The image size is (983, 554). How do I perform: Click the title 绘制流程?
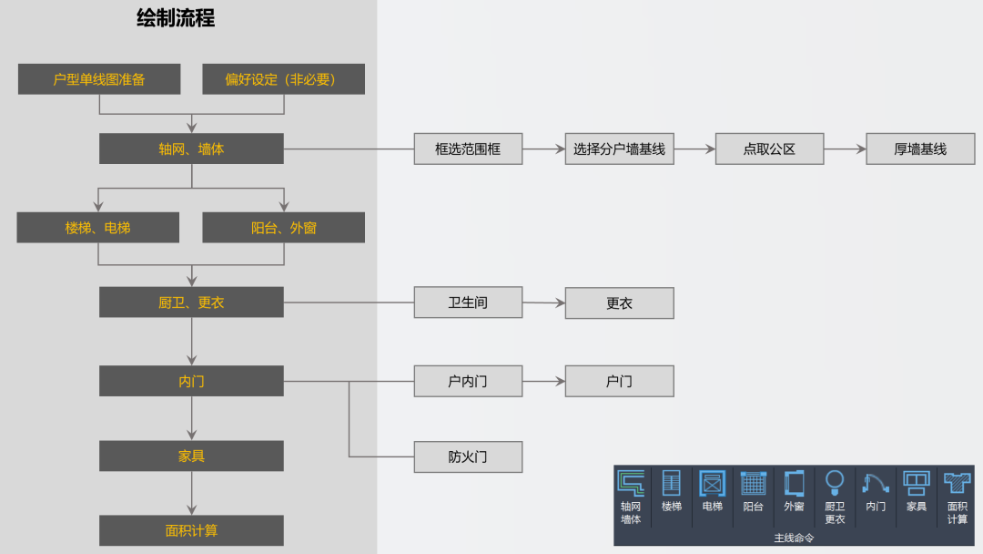[176, 18]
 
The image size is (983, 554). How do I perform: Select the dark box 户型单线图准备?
[99, 79]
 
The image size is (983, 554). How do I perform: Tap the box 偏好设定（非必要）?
[283, 79]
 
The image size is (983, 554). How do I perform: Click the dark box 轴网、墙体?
[191, 149]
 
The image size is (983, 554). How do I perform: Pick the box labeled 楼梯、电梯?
[97, 228]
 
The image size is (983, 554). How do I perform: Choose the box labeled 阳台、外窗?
[283, 228]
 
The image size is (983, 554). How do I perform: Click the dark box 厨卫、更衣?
[191, 303]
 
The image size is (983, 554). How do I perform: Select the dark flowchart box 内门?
[191, 382]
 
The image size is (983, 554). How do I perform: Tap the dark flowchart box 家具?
[191, 456]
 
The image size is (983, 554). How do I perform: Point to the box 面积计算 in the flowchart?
[191, 530]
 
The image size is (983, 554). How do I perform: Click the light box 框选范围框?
[468, 149]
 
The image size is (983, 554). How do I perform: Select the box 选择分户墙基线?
[619, 149]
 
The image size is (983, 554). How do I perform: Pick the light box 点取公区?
[769, 149]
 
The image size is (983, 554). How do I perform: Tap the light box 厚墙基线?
[920, 149]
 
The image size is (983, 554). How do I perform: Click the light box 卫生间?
[468, 303]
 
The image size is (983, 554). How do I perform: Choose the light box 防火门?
[468, 457]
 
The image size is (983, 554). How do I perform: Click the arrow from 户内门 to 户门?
[543, 382]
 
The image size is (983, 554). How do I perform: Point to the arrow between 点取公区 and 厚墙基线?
[845, 149]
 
